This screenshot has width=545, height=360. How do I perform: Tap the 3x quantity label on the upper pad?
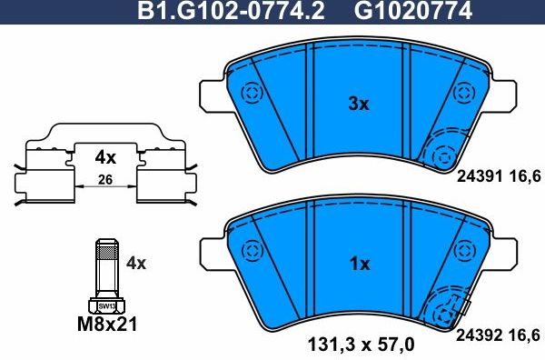(x=360, y=105)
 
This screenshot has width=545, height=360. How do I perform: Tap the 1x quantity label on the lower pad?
(x=360, y=264)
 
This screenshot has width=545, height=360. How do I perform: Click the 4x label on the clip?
(x=105, y=156)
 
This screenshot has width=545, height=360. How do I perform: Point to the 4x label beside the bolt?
(x=136, y=264)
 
